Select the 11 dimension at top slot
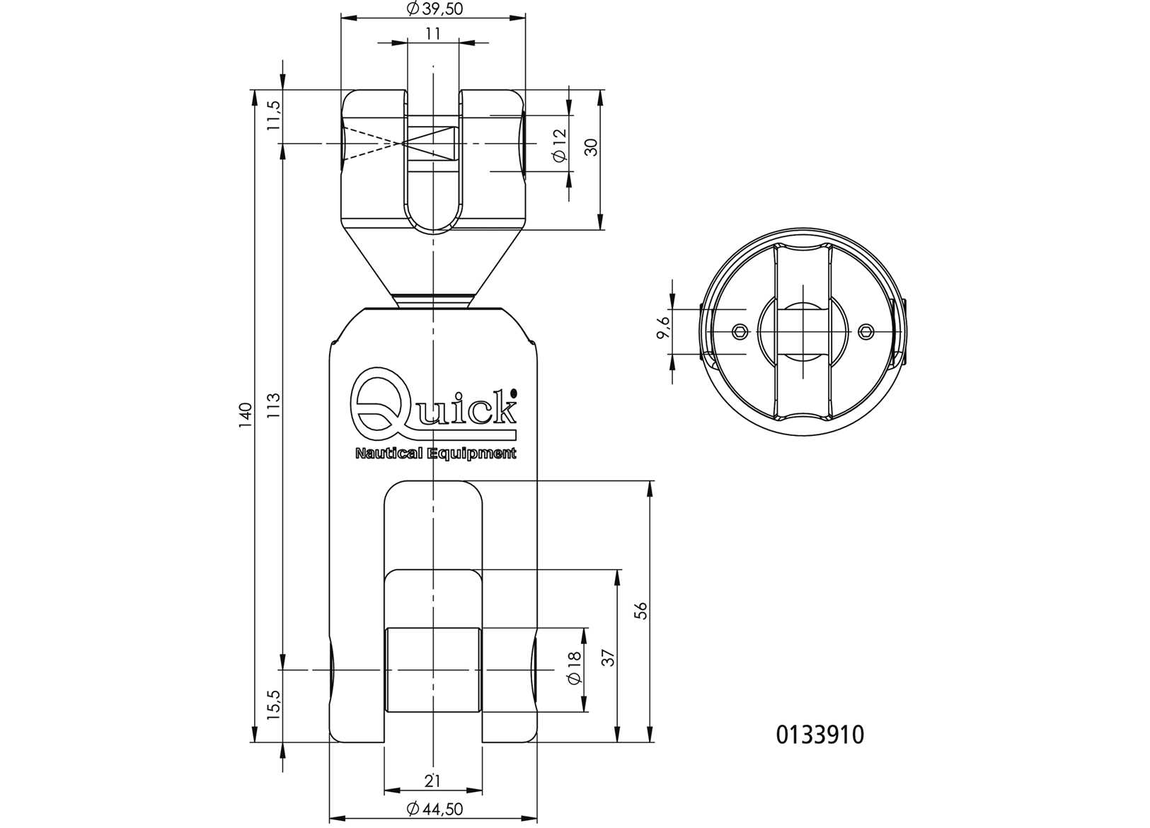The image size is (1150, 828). (x=433, y=33)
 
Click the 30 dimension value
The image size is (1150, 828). (x=592, y=146)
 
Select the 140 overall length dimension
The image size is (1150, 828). (x=245, y=415)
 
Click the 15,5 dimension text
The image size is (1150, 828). (x=274, y=706)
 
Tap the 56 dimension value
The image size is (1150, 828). (x=641, y=611)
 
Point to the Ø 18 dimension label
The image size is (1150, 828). (x=574, y=668)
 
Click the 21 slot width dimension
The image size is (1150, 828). (x=432, y=781)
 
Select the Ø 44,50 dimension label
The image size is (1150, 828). (x=435, y=809)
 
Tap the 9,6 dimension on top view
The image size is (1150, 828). (x=663, y=328)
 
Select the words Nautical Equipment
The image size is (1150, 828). (x=435, y=454)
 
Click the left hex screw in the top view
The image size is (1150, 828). (x=740, y=331)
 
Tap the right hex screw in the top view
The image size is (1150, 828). (x=867, y=331)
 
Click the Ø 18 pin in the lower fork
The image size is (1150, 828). (x=432, y=669)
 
